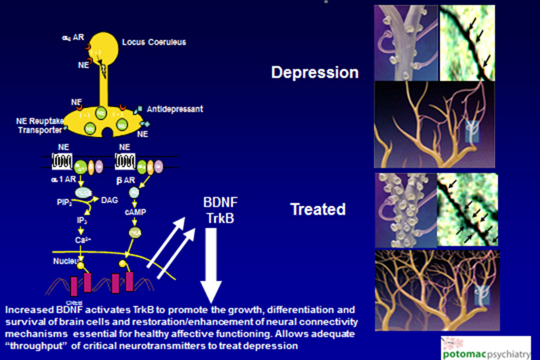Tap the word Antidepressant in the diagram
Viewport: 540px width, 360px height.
point(174,108)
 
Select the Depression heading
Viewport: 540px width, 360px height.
point(314,72)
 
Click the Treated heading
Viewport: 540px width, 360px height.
point(317,208)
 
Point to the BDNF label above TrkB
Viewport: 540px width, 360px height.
point(220,203)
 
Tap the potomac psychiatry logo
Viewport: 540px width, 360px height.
point(485,347)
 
